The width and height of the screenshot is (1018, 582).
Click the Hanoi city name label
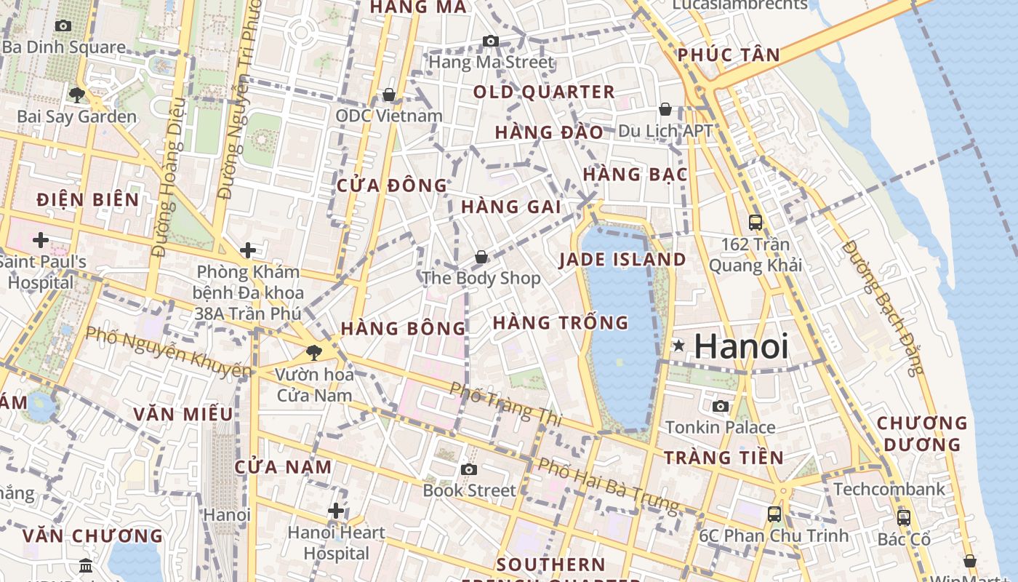[741, 346]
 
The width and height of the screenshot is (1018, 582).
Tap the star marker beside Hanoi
[678, 346]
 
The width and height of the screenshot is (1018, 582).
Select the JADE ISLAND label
[622, 260]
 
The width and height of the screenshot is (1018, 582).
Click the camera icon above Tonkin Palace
[721, 406]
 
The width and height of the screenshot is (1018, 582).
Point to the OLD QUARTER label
[544, 92]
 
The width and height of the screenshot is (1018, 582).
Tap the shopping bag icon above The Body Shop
[481, 257]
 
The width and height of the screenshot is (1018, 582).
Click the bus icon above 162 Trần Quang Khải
[756, 222]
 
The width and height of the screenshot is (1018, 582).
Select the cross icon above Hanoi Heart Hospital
[335, 511]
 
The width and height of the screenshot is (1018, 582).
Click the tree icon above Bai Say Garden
[76, 95]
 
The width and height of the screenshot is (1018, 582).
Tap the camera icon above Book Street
[469, 469]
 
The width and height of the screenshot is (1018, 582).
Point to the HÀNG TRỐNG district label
[561, 322]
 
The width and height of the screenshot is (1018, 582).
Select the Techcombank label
[889, 489]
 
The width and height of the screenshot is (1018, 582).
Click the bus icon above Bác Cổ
[903, 517]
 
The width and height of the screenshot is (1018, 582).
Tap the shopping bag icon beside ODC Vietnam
[389, 95]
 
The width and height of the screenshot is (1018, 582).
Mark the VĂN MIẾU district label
[183, 415]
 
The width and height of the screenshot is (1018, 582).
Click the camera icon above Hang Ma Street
[491, 41]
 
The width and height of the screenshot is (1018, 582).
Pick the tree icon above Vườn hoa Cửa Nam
[314, 353]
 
